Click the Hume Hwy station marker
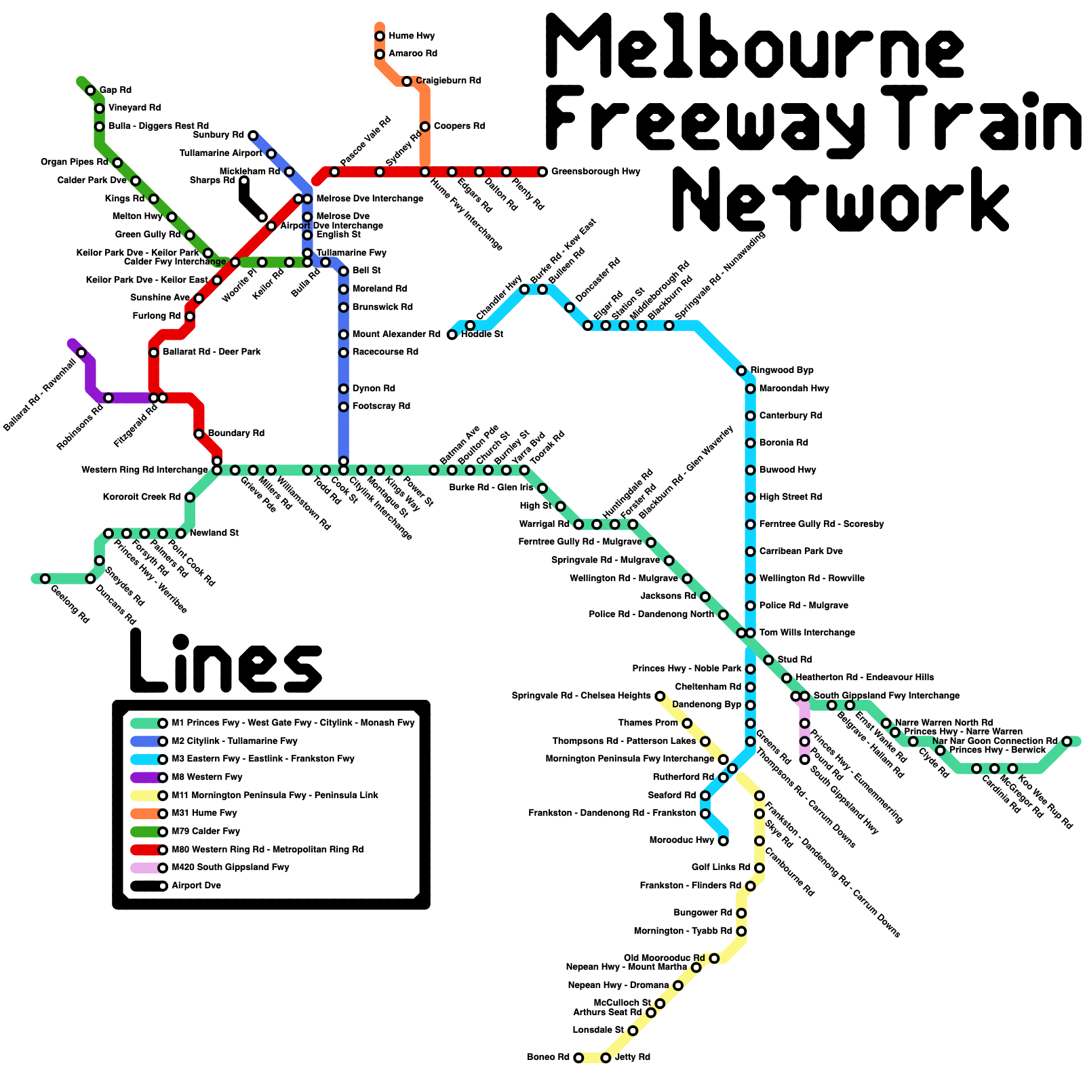(x=380, y=36)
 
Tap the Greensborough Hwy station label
(x=595, y=172)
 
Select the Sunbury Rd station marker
(x=253, y=136)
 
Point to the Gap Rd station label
(x=115, y=90)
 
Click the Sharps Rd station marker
(x=244, y=180)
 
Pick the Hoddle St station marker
(x=452, y=334)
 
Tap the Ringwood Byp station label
(x=781, y=370)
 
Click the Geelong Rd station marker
(x=45, y=578)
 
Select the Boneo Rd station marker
(x=578, y=1058)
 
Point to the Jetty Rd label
(x=632, y=1057)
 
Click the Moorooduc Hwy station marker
(x=723, y=841)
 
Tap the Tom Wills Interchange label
(x=807, y=633)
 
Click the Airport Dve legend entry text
(x=196, y=886)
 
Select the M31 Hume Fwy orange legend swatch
(x=146, y=813)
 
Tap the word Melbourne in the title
(x=754, y=47)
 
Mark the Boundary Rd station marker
(x=199, y=434)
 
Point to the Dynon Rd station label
(x=374, y=389)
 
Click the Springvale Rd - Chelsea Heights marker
(x=660, y=696)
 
